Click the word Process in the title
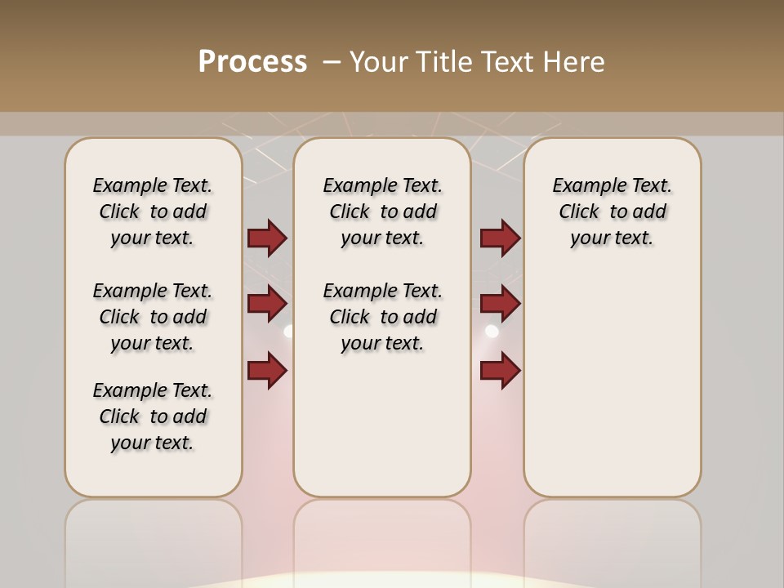[252, 61]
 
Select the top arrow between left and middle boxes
[267, 238]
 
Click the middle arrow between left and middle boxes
[267, 304]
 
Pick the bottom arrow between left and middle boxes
[267, 370]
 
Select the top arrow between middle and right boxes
[500, 238]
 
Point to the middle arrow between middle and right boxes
[500, 304]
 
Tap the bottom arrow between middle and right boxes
[500, 370]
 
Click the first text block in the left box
[153, 212]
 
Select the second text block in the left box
[153, 317]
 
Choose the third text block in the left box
[153, 416]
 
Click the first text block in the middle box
[382, 212]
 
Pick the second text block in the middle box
[382, 317]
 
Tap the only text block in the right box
[612, 212]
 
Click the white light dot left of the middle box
[287, 331]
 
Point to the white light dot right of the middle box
[492, 331]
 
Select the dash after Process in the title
[332, 61]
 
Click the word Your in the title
[379, 61]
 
